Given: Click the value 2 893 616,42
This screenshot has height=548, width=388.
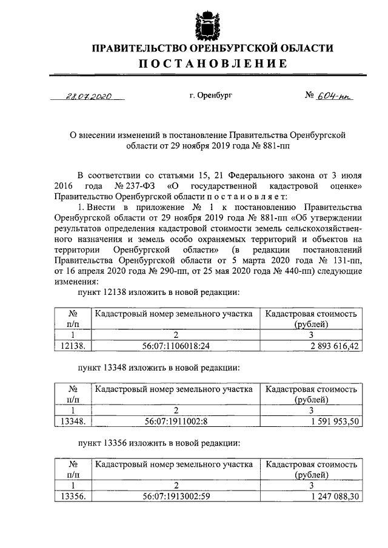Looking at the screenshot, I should click(326, 346).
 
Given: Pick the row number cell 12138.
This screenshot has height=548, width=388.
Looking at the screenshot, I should click(73, 346).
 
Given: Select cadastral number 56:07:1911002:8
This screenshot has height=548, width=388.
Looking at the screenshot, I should click(177, 421).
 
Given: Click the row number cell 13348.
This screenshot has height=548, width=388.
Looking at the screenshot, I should click(73, 421).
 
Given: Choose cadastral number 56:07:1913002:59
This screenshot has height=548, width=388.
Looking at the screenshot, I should click(177, 495).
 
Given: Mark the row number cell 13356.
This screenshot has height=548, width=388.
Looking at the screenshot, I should click(73, 495).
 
